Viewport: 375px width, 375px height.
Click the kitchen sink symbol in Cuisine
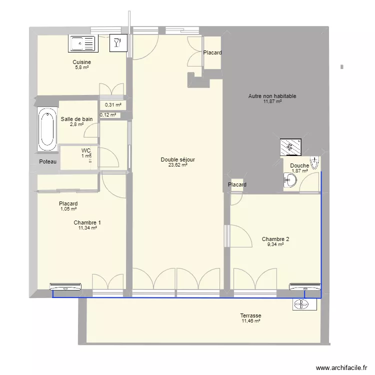pyautogui.click(x=82, y=44)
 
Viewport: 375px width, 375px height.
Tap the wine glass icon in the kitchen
pyautogui.click(x=117, y=43)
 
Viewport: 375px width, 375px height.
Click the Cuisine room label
pyautogui.click(x=81, y=62)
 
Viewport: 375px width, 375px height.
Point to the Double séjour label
pyautogui.click(x=177, y=160)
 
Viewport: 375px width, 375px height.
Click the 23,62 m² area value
pyautogui.click(x=177, y=165)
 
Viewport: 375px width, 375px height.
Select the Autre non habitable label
pyautogui.click(x=272, y=96)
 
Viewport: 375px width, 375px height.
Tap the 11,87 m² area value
pyautogui.click(x=272, y=101)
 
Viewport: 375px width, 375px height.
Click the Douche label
pyautogui.click(x=299, y=166)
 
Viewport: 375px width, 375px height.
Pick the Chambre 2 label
pyautogui.click(x=275, y=239)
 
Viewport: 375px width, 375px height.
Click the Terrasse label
pyautogui.click(x=250, y=316)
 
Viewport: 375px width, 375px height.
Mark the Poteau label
pyautogui.click(x=48, y=162)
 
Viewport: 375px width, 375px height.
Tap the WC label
pyautogui.click(x=86, y=150)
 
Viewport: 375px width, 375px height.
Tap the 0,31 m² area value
pyautogui.click(x=113, y=105)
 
